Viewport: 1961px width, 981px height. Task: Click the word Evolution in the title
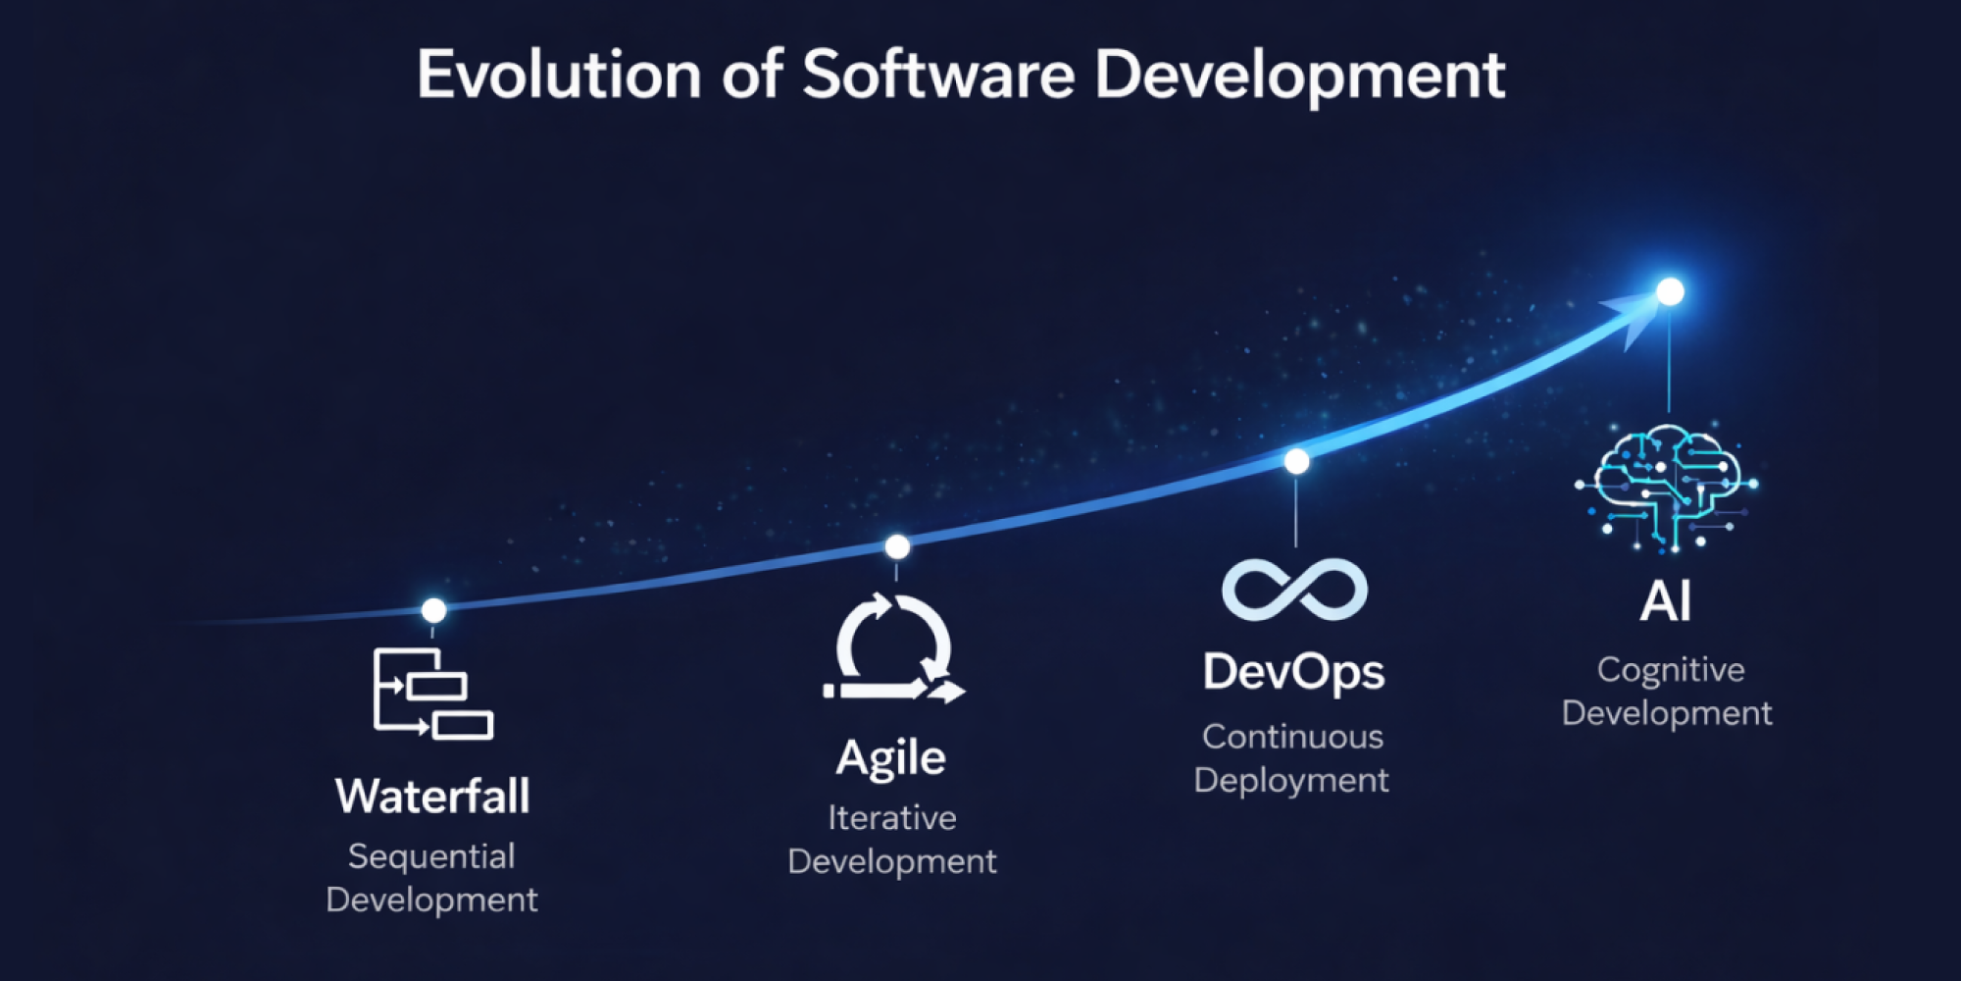point(559,75)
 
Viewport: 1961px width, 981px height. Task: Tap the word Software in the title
point(938,75)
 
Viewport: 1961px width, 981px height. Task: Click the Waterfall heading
point(432,796)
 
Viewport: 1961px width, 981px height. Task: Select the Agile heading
point(891,758)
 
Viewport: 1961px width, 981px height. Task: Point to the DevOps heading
point(1294,673)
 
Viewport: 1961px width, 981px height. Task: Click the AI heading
point(1666,601)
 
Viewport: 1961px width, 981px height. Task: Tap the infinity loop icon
point(1294,590)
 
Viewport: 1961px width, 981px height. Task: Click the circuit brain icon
point(1667,488)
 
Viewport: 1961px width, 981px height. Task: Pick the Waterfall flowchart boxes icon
point(432,694)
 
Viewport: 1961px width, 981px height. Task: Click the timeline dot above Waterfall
point(433,610)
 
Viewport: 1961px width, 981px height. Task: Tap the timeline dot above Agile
point(897,546)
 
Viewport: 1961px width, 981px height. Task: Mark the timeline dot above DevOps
point(1296,461)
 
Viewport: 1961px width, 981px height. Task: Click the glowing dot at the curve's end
point(1670,291)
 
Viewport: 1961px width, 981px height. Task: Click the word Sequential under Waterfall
point(431,857)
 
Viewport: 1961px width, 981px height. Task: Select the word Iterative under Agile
point(892,818)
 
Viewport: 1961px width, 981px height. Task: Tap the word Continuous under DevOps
point(1293,737)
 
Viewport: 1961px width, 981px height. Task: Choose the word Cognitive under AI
point(1671,671)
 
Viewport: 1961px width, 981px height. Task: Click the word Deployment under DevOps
point(1291,781)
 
